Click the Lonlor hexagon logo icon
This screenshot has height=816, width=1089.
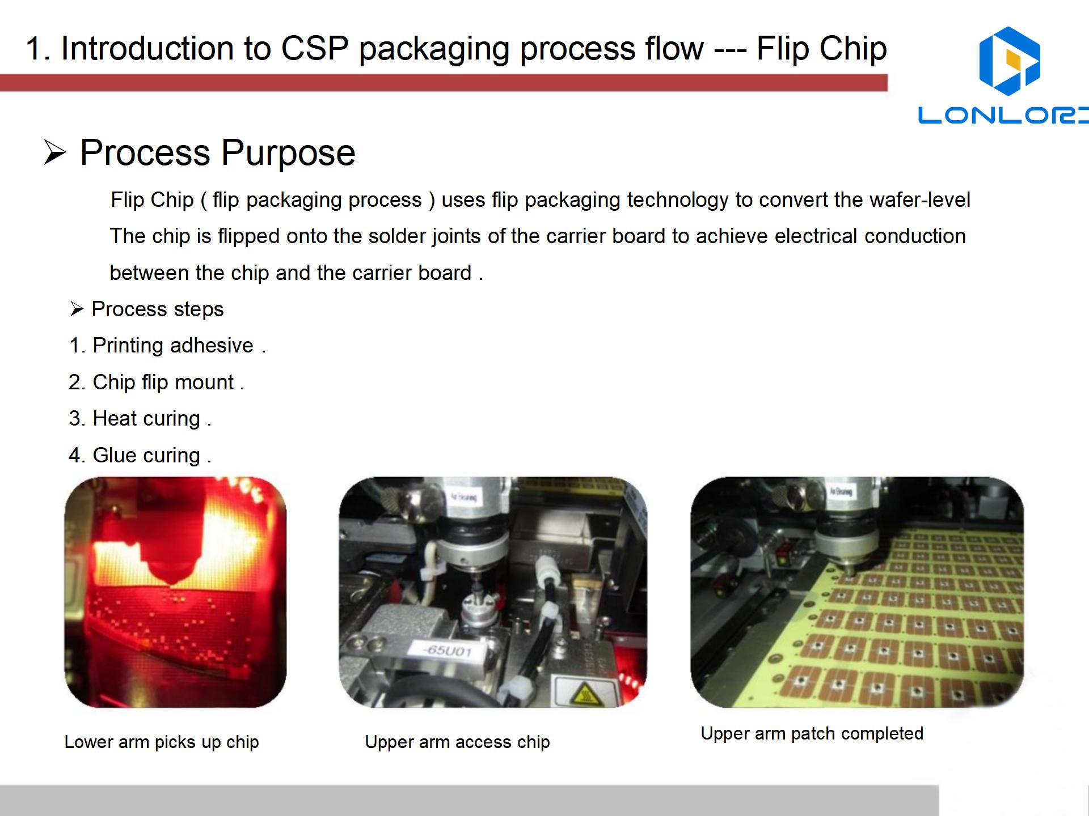pos(1010,61)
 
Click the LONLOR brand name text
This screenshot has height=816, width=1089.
pos(1003,115)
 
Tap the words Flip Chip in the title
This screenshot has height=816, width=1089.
pos(822,48)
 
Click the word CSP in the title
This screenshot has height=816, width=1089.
pos(315,48)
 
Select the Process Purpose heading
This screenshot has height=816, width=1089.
pos(218,153)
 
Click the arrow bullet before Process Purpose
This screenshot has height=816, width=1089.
pos(55,152)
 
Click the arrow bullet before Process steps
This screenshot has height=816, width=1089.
pos(77,309)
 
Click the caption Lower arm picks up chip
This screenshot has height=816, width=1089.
pos(162,742)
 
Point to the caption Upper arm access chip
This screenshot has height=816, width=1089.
pos(457,742)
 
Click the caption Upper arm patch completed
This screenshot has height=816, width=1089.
pos(812,733)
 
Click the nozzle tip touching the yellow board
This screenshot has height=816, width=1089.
pos(848,572)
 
